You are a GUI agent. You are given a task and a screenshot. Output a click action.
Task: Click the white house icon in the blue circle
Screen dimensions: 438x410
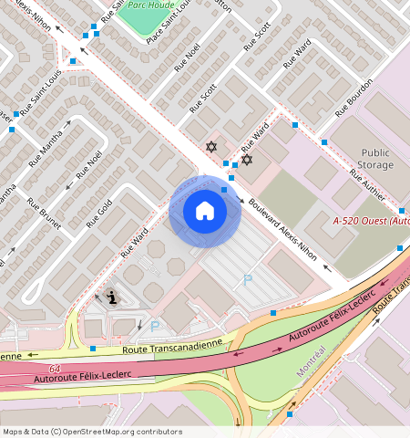(x=205, y=211)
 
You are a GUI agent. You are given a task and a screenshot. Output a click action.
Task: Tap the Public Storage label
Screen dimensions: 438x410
(x=376, y=159)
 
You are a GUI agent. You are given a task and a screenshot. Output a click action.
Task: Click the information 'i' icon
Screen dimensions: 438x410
(x=112, y=297)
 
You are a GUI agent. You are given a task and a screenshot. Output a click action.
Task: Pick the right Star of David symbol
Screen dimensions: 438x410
(x=246, y=160)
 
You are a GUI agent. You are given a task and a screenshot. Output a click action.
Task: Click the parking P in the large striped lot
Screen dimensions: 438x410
(x=247, y=280)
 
